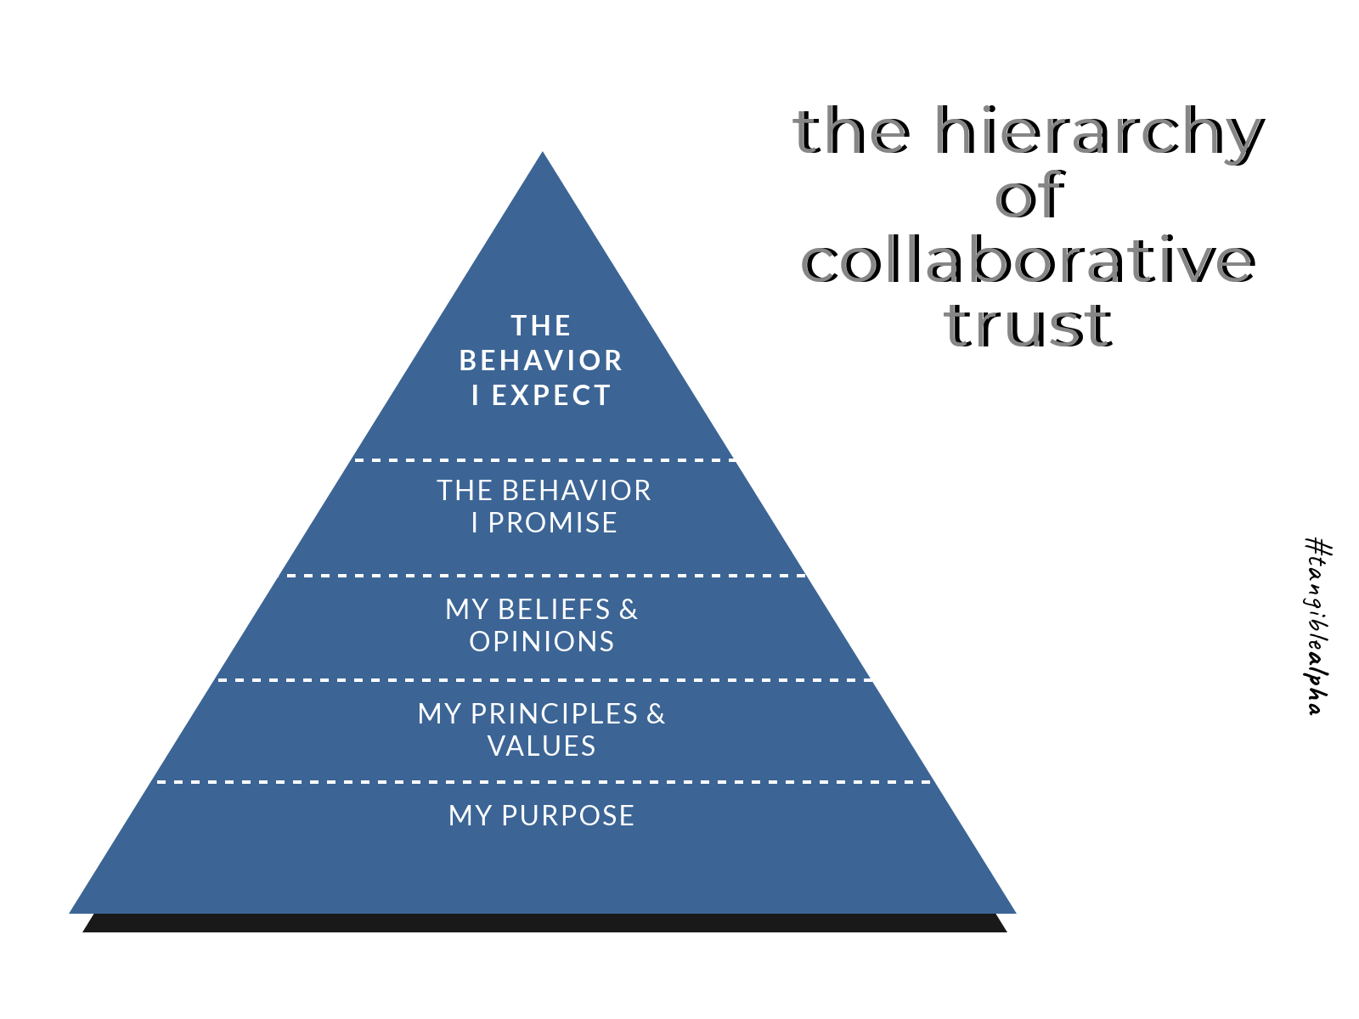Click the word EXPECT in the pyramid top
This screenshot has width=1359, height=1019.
[551, 396]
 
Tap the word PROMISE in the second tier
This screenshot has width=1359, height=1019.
[552, 523]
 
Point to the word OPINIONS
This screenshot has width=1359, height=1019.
[542, 642]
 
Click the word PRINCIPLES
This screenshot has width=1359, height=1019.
[554, 714]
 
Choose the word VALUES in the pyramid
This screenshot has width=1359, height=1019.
[542, 746]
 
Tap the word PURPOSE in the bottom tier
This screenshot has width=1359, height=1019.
[567, 816]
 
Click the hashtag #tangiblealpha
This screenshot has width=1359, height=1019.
[1317, 626]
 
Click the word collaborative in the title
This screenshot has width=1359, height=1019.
[1029, 261]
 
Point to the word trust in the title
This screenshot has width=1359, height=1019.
[1028, 325]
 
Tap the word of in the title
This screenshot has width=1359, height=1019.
[1029, 196]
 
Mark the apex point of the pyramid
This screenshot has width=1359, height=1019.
[543, 154]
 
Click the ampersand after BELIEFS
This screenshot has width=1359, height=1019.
[629, 610]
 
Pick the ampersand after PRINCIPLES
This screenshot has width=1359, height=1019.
[656, 714]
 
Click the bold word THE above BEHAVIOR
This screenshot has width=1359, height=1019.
[541, 326]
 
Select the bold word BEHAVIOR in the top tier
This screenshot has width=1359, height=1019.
[541, 361]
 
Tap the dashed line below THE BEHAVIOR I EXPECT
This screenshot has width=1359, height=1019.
[544, 460]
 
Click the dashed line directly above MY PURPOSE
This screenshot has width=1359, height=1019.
[544, 782]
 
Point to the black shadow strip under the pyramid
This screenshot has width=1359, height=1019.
[544, 923]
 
